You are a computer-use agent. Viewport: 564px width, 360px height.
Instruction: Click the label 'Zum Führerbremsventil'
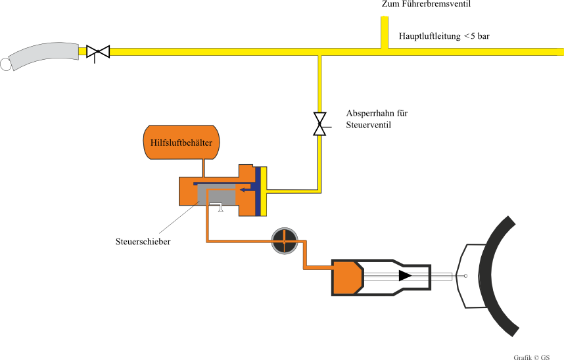point(427,4)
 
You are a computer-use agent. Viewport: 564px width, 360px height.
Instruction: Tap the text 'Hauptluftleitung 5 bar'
point(444,36)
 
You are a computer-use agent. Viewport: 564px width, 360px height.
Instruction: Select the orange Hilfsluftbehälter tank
point(181,141)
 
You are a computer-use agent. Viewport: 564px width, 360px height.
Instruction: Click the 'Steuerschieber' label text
point(143,242)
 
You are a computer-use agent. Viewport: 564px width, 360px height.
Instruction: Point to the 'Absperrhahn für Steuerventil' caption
point(377,118)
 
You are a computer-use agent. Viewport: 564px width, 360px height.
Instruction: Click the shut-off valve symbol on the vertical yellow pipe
point(319,124)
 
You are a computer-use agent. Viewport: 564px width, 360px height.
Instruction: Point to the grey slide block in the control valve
point(216,194)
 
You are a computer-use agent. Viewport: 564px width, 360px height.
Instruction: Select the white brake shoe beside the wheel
point(471,276)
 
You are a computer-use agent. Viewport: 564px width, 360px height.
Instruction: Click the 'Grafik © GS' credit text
point(531,357)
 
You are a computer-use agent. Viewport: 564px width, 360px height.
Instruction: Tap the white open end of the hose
point(5,64)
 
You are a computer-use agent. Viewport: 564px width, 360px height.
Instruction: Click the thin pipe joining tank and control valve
point(204,168)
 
